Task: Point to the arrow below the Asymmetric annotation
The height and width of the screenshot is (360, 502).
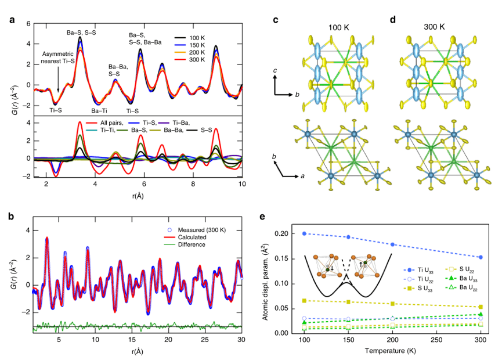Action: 58,81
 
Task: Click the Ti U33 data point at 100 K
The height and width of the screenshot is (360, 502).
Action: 304,233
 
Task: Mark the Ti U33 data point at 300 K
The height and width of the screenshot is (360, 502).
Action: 481,257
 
